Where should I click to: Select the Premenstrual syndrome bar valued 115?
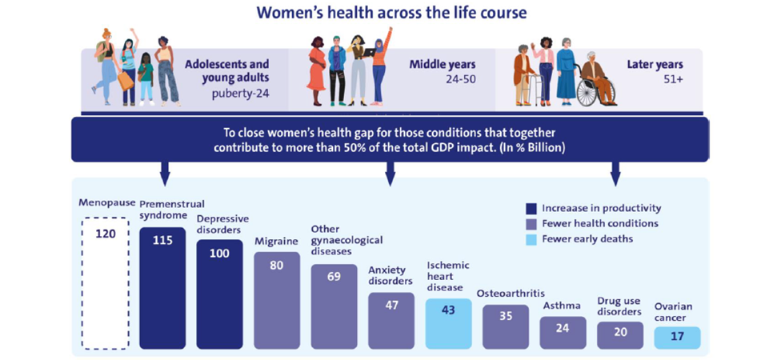coord(162,288)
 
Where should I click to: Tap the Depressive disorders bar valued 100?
coord(219,294)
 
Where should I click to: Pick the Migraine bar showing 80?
coord(277,300)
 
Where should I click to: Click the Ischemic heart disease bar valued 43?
coord(448,324)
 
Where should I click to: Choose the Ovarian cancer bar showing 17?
coord(678,338)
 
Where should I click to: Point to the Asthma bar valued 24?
coord(563,333)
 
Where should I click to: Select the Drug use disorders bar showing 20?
coord(620,335)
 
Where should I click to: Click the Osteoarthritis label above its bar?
coord(511,293)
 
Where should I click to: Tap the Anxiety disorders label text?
coord(390,275)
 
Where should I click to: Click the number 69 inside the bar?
coord(334,276)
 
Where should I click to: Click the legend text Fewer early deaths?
coord(587,239)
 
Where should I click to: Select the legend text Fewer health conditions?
coord(600,223)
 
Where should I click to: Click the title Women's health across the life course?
coord(391,13)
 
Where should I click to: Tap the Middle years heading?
coord(443,65)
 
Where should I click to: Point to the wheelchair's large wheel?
coord(590,92)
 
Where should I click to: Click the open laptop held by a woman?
coord(368,52)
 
